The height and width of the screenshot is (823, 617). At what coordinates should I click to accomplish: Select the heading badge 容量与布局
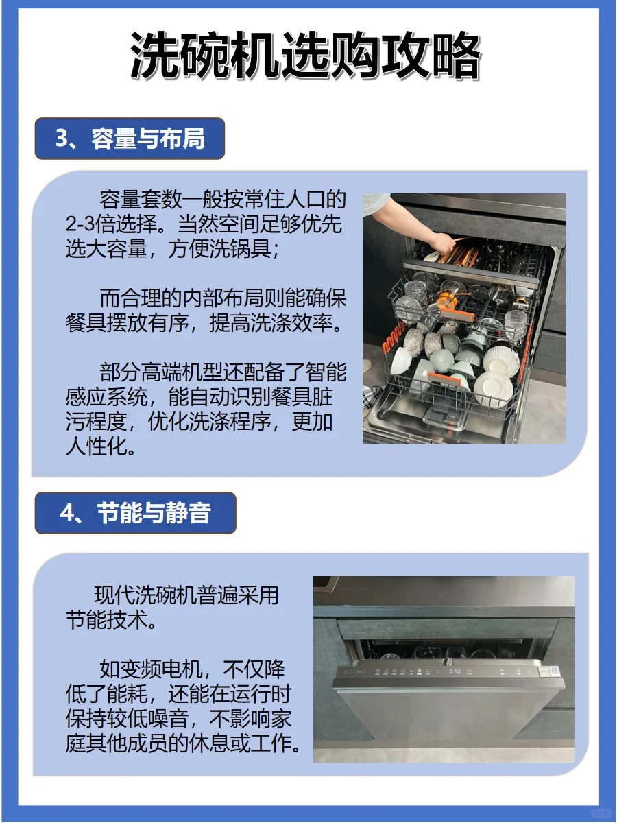(130, 139)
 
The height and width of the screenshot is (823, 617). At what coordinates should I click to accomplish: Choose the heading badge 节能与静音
(135, 512)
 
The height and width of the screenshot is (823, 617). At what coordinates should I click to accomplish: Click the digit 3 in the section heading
(62, 139)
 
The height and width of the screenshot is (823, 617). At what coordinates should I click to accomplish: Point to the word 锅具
(251, 249)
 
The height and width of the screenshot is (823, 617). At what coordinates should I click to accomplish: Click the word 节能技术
(107, 620)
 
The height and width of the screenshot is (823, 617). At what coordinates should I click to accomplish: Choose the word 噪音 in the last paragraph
(168, 719)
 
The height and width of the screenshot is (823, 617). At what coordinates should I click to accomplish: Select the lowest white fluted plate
(493, 389)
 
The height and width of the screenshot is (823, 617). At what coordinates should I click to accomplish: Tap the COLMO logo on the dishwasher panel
(354, 671)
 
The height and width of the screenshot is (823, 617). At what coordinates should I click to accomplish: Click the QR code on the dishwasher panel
(555, 671)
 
